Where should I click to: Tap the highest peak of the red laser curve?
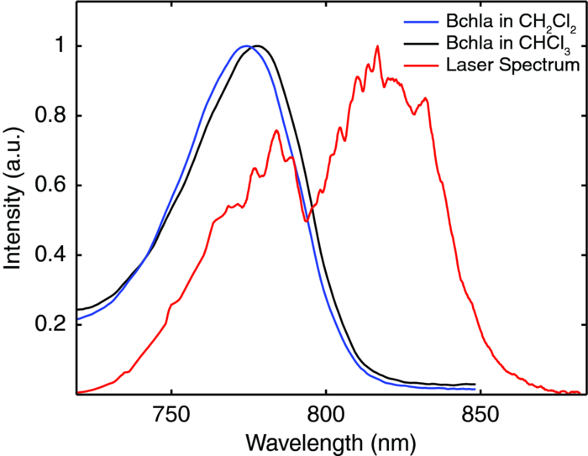pyautogui.click(x=377, y=46)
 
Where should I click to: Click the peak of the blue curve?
pyautogui.click(x=244, y=46)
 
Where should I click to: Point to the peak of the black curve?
pyautogui.click(x=258, y=46)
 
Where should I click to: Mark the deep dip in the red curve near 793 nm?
pyautogui.click(x=306, y=221)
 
